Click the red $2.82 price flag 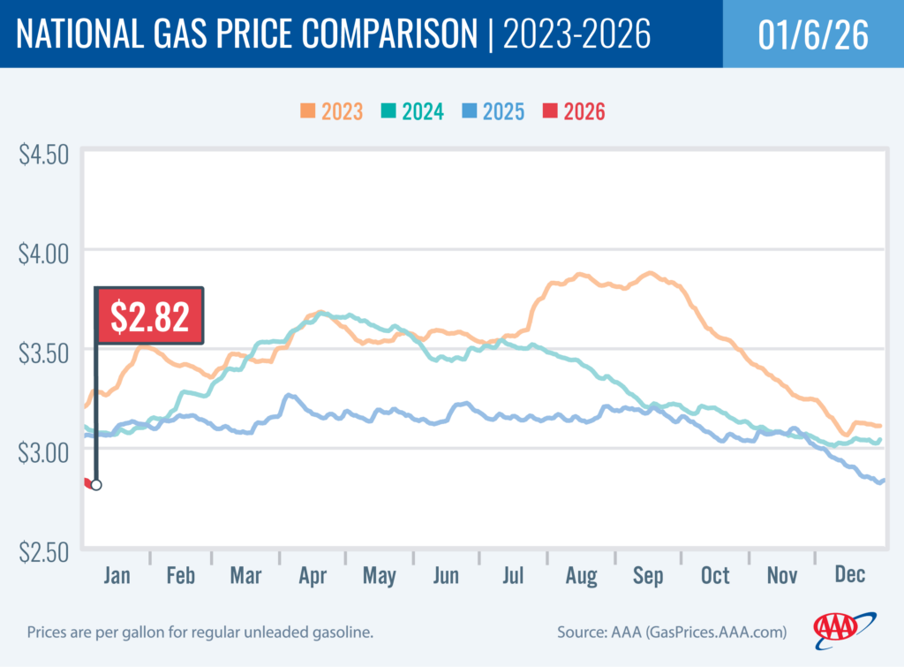click(x=150, y=315)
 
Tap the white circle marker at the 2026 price click(x=95, y=484)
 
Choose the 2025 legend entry click(x=493, y=111)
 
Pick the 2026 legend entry click(x=574, y=111)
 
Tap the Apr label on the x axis click(x=313, y=575)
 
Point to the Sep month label click(x=647, y=575)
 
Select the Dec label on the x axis click(x=848, y=575)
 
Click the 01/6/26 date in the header click(x=812, y=34)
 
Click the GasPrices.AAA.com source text click(x=701, y=633)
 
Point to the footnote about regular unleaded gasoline click(x=200, y=633)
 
